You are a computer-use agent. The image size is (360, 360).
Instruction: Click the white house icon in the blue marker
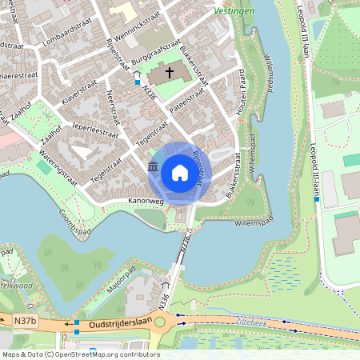pos(179,173)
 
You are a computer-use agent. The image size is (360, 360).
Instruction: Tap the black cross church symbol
pos(169,74)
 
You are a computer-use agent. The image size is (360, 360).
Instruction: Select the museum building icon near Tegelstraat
pos(153,166)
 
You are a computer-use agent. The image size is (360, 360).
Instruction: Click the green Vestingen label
pos(234,12)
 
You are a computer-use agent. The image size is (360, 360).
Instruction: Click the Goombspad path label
pos(74,221)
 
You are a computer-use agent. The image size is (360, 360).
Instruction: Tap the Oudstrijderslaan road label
pos(114,325)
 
